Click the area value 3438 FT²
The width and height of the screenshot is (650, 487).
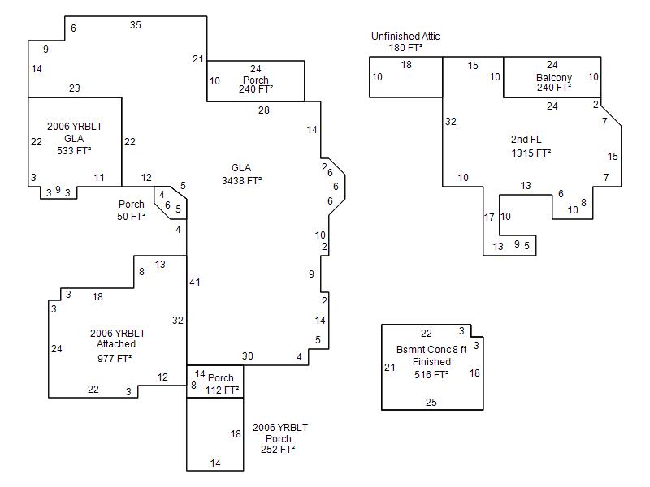(241, 181)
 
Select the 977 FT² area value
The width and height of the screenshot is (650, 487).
(115, 357)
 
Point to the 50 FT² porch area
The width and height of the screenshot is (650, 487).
(131, 217)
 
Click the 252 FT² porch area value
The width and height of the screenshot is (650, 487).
(277, 449)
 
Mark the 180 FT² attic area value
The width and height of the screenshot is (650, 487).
(405, 48)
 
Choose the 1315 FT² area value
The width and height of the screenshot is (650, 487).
(531, 153)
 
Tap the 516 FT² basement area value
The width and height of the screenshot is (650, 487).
(431, 375)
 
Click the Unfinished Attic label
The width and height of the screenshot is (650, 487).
(406, 37)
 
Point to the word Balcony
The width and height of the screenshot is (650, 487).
(553, 78)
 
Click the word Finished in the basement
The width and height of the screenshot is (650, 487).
(431, 362)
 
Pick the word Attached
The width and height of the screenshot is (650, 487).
(115, 344)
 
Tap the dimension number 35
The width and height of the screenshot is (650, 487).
(136, 25)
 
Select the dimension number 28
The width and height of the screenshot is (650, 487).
(264, 110)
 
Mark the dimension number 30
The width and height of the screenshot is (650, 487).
(248, 356)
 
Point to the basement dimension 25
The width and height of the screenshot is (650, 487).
(431, 402)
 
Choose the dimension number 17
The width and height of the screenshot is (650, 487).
(489, 217)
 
